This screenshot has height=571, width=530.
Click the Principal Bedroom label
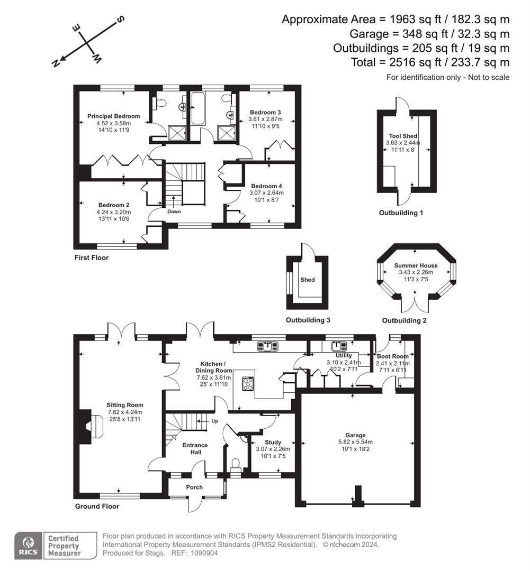coord(114,116)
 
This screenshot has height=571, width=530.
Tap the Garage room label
coord(355,435)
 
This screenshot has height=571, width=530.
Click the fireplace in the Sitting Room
coord(90,426)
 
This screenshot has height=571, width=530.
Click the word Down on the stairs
coord(174,211)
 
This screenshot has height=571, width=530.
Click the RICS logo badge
coord(28,545)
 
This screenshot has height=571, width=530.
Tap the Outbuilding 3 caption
coord(308,320)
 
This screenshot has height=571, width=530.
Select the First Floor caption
coord(91,257)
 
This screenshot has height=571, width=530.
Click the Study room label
coord(273,443)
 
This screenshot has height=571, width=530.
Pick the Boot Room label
coord(392,356)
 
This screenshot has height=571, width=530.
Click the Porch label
coord(194,487)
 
